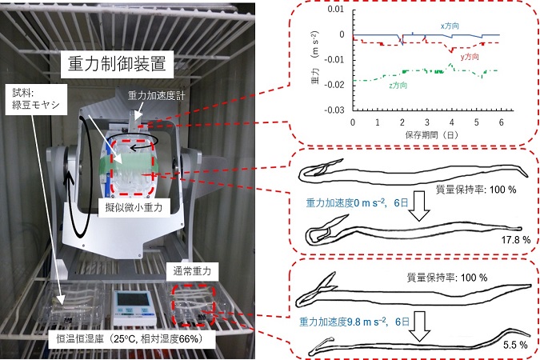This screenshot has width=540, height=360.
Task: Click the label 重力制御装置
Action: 117,64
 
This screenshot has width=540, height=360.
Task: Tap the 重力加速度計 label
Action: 156,95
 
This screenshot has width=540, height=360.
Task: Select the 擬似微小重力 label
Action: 134,207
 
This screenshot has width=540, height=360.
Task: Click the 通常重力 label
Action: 192,271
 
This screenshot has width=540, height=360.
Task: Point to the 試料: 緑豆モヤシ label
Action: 36,99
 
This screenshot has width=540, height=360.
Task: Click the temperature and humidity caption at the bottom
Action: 131,339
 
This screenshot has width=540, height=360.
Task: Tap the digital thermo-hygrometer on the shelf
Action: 133,308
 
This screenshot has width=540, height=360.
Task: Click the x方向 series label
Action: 450,26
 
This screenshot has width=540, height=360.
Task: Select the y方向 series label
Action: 470,57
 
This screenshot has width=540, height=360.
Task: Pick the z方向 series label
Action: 398,85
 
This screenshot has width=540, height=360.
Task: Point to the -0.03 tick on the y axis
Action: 334,110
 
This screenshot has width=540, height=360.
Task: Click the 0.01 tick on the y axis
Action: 336,9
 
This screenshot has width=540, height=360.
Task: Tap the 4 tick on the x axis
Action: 451,122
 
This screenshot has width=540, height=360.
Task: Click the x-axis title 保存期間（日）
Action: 432,134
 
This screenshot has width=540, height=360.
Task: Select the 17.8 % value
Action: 515,240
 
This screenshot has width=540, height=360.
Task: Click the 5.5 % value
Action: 515,345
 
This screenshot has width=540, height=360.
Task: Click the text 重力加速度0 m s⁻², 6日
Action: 357,203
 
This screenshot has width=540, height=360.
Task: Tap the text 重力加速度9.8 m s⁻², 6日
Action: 354,322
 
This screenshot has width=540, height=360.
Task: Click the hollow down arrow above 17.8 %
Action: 420,206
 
